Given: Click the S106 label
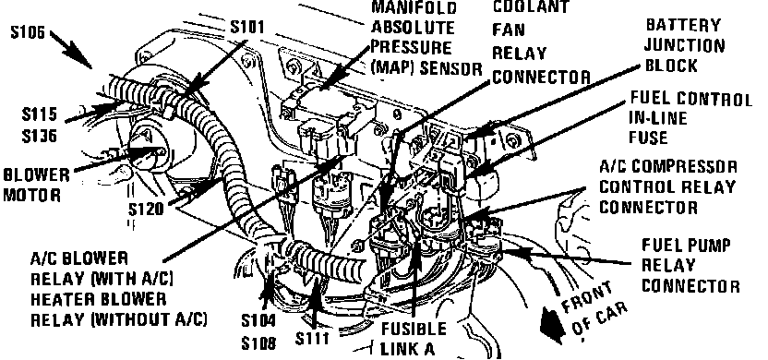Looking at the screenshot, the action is (x=28, y=33).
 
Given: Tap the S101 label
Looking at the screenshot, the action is (x=247, y=27).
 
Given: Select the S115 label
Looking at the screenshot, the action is (x=39, y=114).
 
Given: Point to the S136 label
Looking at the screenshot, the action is (x=39, y=136).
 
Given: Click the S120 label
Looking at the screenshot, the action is (x=146, y=210).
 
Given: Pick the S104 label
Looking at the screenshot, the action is (x=258, y=321).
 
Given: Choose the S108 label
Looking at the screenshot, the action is (x=258, y=342).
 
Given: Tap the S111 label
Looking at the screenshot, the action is (x=312, y=339).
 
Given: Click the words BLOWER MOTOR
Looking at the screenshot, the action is (x=37, y=185).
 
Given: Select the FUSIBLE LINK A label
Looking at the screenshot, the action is (x=414, y=339).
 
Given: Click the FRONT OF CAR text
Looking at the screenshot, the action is (x=594, y=310).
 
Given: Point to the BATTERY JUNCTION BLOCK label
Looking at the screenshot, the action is (x=684, y=45).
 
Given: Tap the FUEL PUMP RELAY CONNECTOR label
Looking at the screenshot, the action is (x=690, y=265).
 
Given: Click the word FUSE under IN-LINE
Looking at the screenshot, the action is (x=648, y=138).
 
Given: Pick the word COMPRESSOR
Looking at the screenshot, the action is (x=690, y=166).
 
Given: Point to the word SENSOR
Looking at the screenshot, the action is (x=450, y=68).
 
